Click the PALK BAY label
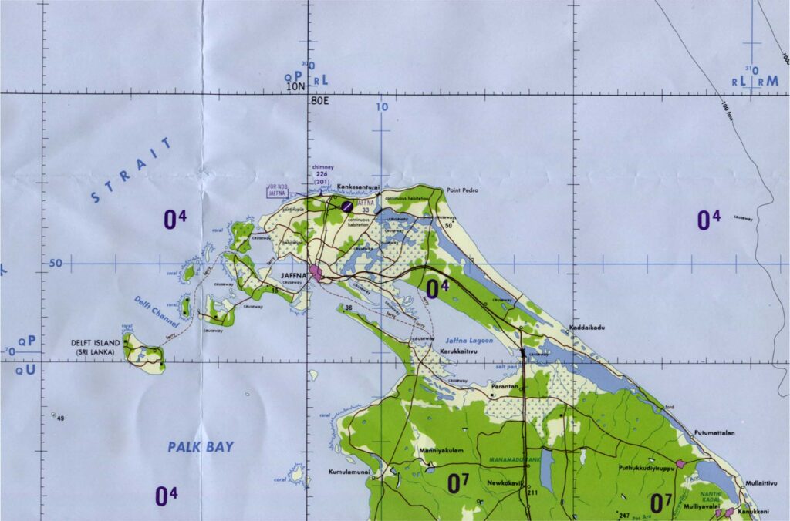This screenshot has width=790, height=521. tap(201, 446)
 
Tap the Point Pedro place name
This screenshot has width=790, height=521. tap(464, 189)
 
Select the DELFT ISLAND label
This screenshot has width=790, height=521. tap(96, 344)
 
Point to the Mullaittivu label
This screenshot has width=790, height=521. tap(761, 482)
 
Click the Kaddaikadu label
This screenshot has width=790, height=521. tap(587, 328)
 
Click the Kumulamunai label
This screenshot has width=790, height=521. tap(349, 472)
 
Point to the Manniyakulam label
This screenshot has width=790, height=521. tap(441, 451)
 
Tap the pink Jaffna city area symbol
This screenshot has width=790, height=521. tap(316, 273)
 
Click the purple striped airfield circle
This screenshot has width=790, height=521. tap(348, 206)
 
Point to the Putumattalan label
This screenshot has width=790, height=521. tap(714, 433)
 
